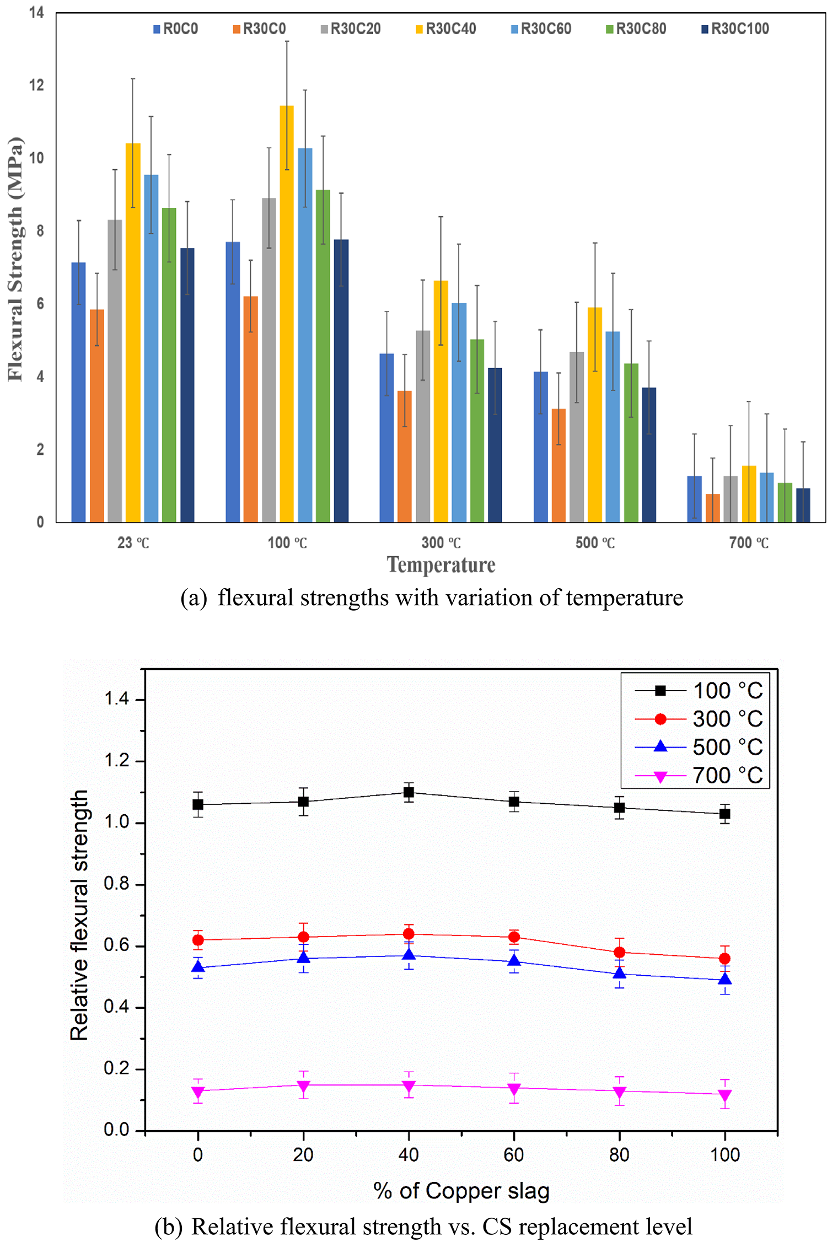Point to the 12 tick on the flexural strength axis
pyautogui.click(x=36, y=85)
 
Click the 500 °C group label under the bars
pyautogui.click(x=595, y=543)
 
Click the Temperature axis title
pyautogui.click(x=441, y=565)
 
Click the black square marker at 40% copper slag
pyautogui.click(x=409, y=793)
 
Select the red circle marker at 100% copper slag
pyautogui.click(x=725, y=959)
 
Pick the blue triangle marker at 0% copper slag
pyautogui.click(x=198, y=967)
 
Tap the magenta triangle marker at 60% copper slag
pyautogui.click(x=514, y=1089)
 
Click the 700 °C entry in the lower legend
pyautogui.click(x=727, y=776)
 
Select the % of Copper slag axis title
pyautogui.click(x=461, y=1191)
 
